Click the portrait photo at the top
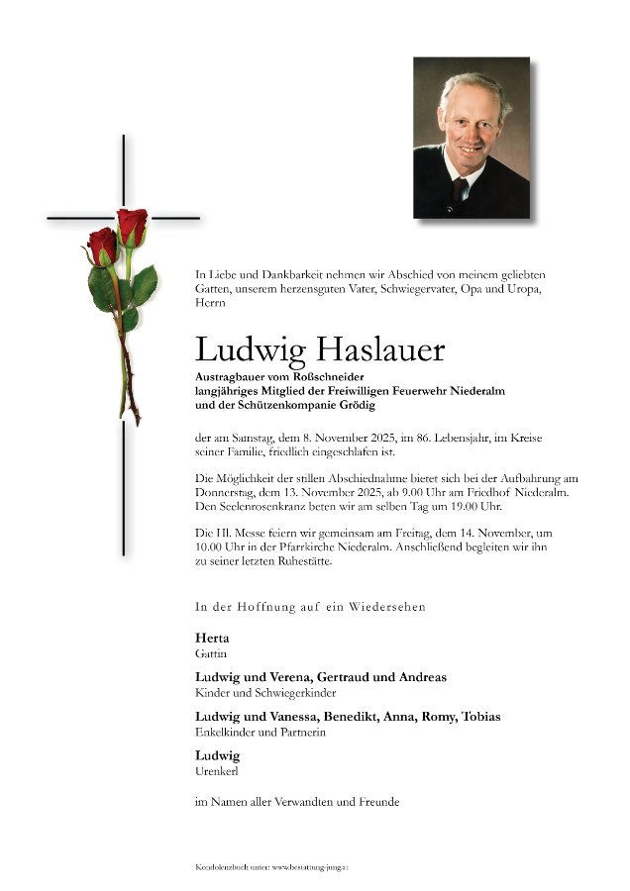tap(471, 138)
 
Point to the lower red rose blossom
tap(102, 246)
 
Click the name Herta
tap(211, 639)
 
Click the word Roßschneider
tap(329, 377)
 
